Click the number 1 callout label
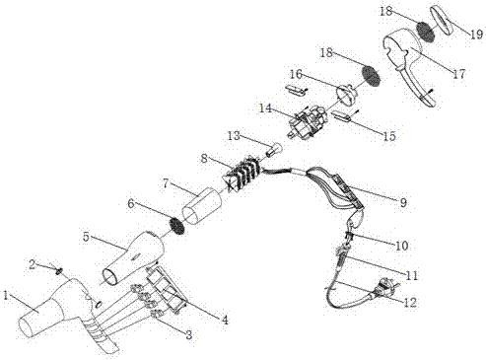tap(6, 295)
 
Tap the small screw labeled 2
tap(59, 270)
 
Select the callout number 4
tap(225, 320)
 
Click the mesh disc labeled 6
tap(176, 226)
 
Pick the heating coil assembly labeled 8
tap(243, 174)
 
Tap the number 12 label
tap(410, 302)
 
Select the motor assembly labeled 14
tap(308, 121)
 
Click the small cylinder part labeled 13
tap(273, 150)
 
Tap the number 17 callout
tap(459, 74)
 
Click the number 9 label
tap(403, 202)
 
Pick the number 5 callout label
tap(86, 237)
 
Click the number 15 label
tap(389, 136)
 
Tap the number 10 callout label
tap(401, 246)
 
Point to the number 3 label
tap(188, 335)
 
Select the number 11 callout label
tap(411, 275)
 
